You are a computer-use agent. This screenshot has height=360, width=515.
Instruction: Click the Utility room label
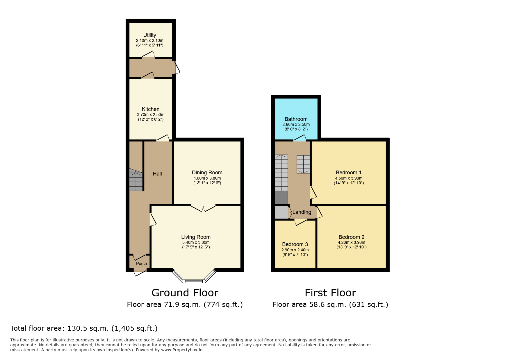pos(149,35)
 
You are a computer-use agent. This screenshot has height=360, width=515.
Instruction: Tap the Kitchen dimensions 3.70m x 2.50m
pos(151,114)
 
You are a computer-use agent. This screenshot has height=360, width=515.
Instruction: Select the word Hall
pos(157,174)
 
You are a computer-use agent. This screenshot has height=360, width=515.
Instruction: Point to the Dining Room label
pos(207,173)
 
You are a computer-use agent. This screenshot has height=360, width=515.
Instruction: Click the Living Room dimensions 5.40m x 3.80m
pos(196,242)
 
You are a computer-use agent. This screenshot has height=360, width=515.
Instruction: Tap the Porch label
pos(141,264)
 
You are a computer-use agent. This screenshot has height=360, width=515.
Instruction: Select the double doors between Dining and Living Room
pos(203,208)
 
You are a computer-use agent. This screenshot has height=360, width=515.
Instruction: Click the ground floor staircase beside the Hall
pos(136,180)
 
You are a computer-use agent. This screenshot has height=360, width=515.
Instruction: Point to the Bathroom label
pos(296,119)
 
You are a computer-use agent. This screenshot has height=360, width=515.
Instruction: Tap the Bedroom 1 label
pos(349,173)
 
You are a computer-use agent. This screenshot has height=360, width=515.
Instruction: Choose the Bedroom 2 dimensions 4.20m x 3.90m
pos(352,242)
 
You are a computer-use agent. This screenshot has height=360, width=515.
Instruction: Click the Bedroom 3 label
pos(295,244)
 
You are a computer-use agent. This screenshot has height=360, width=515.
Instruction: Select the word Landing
pos(302,212)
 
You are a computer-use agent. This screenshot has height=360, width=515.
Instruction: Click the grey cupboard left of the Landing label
pos(281,212)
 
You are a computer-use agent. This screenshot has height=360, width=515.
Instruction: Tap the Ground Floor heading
pos(185,293)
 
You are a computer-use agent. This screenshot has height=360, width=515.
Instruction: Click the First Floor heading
pos(330,293)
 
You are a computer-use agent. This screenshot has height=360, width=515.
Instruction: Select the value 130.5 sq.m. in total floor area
pos(88,328)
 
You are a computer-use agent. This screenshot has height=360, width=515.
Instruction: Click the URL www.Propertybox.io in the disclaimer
pos(182,350)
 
